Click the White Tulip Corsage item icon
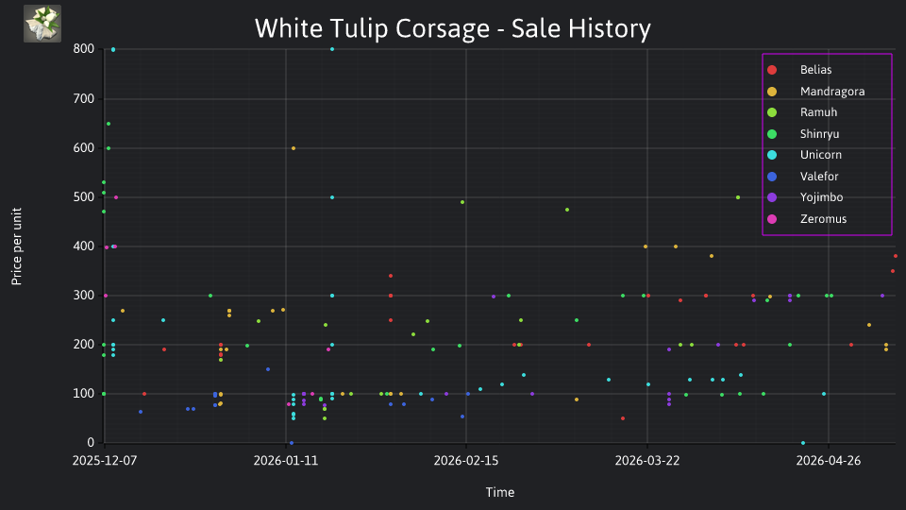coord(42,24)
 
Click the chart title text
coord(452,28)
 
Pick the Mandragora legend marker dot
coord(772,92)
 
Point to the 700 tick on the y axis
coord(84,99)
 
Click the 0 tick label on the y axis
coord(91,443)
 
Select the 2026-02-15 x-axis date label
coord(465,461)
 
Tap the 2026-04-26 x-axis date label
coord(828,461)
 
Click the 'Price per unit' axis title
coord(17,246)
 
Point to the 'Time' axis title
coord(500,493)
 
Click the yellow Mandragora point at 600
coord(294,148)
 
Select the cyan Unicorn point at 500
coord(332,197)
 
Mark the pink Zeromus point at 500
coord(116,197)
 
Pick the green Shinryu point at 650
coord(108,124)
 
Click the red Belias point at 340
coord(391,276)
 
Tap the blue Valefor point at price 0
coord(292,443)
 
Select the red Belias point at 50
coord(623,418)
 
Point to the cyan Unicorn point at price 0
coord(803,443)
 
